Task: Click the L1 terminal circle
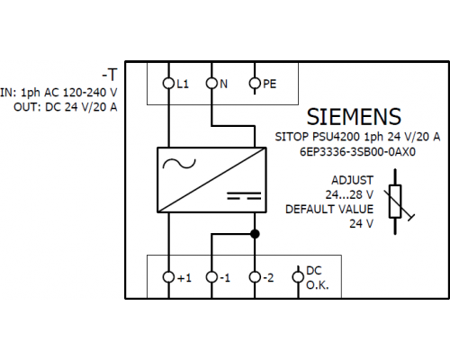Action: [x=168, y=83]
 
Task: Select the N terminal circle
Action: [x=211, y=83]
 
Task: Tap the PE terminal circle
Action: [x=255, y=83]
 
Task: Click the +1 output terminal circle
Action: [x=168, y=277]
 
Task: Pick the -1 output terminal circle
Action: [x=211, y=277]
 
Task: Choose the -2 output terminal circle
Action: [x=255, y=277]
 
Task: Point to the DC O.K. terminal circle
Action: [x=298, y=277]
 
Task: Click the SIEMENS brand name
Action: [x=354, y=117]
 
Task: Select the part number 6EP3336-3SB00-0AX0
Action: [x=357, y=152]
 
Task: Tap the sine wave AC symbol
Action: [x=179, y=164]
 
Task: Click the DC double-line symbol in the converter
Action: [x=244, y=195]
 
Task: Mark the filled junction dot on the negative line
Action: [x=255, y=234]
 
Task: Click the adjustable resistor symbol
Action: [x=395, y=202]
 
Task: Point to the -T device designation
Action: [x=110, y=75]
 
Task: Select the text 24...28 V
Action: [x=349, y=194]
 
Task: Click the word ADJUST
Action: [x=352, y=180]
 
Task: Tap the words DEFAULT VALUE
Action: [x=329, y=209]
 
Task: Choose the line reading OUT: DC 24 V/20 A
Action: [x=66, y=107]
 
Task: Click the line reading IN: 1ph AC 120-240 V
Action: [x=58, y=93]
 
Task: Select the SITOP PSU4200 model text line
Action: [x=357, y=137]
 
